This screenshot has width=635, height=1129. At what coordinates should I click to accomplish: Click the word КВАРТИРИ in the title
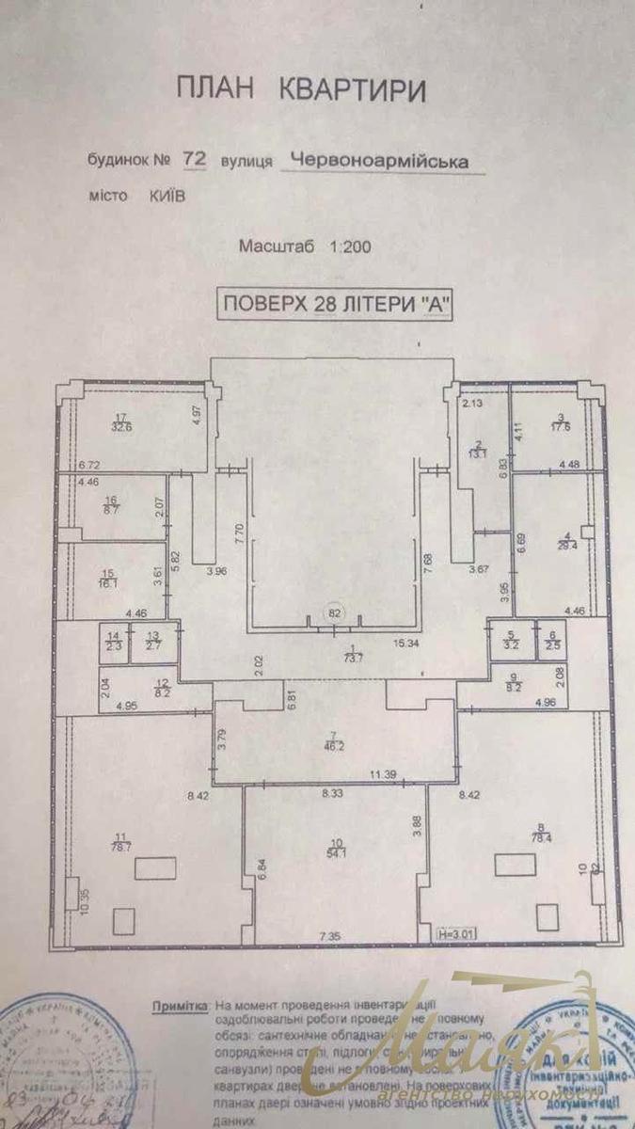[352, 90]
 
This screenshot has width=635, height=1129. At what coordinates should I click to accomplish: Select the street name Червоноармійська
[378, 161]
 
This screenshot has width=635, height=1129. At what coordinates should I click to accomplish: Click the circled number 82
[334, 612]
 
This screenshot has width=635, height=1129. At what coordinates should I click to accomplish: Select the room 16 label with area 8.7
[111, 505]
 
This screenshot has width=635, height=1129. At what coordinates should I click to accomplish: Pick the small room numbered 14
[113, 643]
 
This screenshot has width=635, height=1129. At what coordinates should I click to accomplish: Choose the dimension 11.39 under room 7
[382, 774]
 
